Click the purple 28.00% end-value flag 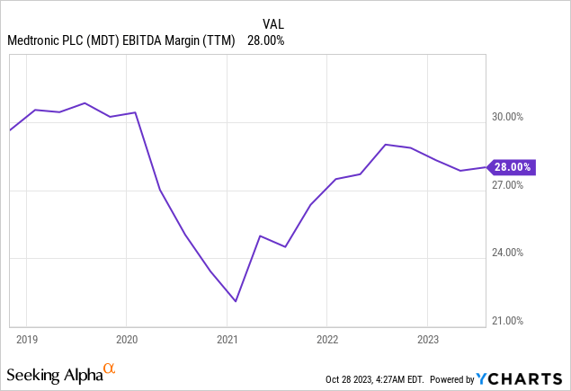513,166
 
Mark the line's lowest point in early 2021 236,301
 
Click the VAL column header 273,22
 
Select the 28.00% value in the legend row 267,40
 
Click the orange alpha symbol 110,369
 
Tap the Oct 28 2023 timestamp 378,378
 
